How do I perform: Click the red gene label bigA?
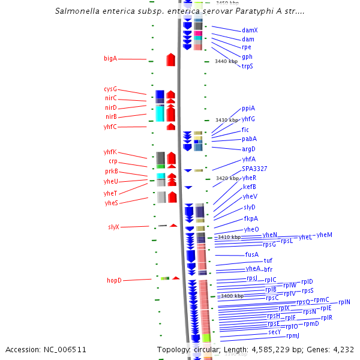tap(110, 59)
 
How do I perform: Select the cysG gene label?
tap(110, 89)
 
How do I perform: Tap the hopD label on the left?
tap(114, 280)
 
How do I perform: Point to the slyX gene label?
tap(113, 227)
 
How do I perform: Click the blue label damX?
tap(250, 30)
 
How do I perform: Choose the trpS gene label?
tap(247, 66)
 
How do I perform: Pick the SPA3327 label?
tap(254, 169)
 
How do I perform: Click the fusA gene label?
tap(252, 254)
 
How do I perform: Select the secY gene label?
tap(274, 332)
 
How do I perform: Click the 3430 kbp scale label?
tap(227, 121)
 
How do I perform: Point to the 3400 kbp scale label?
tap(232, 296)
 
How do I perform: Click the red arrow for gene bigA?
tap(170, 59)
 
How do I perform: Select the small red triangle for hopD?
tap(176, 278)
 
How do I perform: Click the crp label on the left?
tap(113, 161)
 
